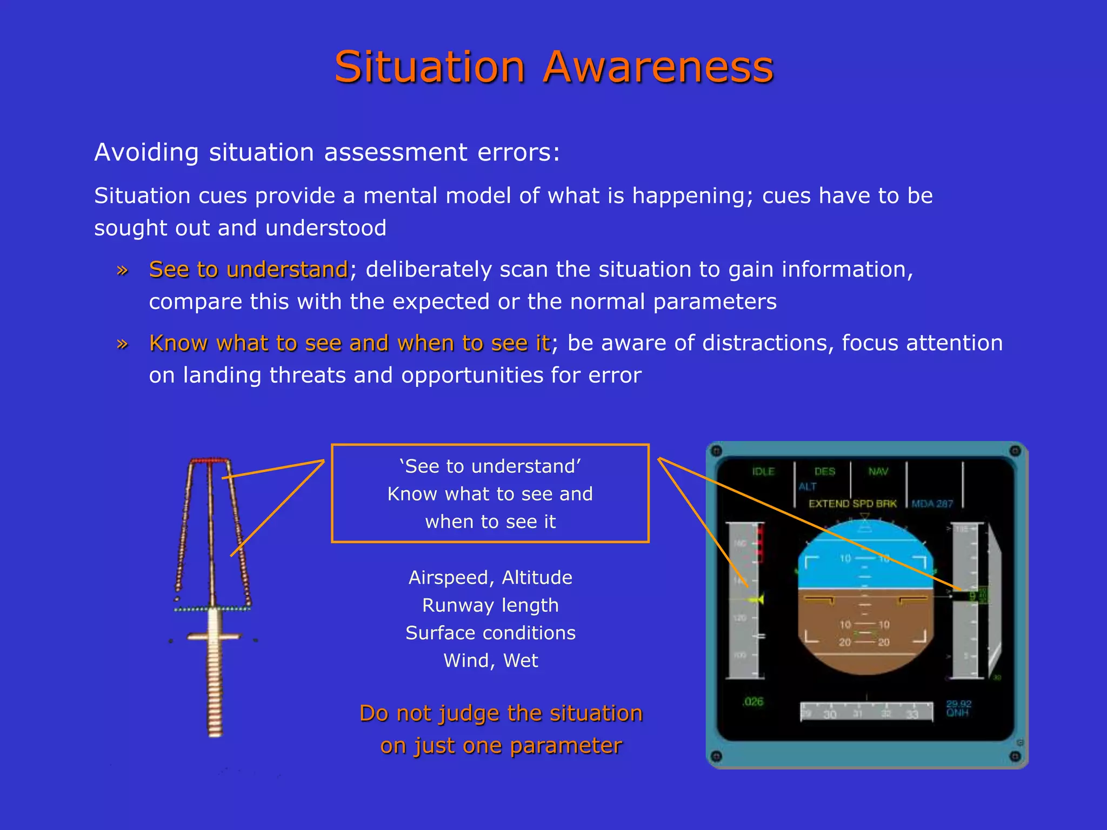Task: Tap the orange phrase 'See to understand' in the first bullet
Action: coord(248,269)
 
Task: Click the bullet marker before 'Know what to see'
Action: coord(123,344)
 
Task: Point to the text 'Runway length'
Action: coord(490,605)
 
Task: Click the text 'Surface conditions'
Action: coord(490,633)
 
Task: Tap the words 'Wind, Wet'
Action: coord(490,660)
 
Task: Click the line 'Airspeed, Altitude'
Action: coord(490,578)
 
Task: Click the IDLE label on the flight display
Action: coord(763,472)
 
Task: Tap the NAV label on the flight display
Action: coord(878,472)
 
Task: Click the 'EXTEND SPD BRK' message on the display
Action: coord(852,504)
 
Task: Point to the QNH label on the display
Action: coord(957,713)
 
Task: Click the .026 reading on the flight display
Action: coord(753,702)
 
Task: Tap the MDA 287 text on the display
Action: coord(932,504)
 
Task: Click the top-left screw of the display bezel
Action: coord(717,451)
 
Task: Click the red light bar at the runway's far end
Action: coord(210,460)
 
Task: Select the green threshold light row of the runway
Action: coord(212,609)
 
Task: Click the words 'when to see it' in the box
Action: coord(490,522)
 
